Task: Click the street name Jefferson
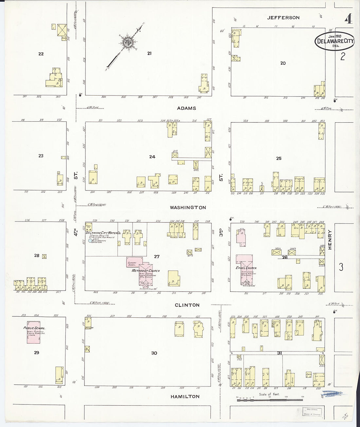283,18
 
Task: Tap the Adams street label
187,108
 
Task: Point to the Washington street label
188,207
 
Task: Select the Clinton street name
187,305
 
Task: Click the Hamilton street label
185,397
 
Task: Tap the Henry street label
330,240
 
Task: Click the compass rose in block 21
127,42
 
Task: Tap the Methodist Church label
145,271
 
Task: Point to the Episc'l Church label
246,268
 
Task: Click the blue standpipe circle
90,241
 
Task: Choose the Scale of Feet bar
270,400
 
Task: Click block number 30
154,353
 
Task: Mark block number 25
279,158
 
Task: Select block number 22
41,54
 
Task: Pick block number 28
37,256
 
